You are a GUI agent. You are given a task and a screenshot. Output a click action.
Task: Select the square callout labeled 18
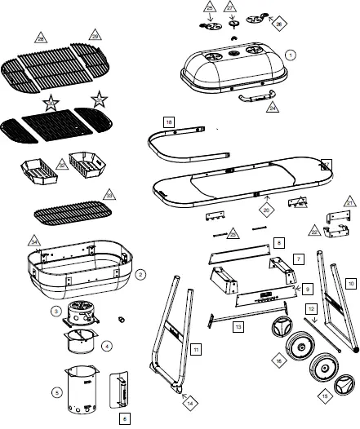(167, 122)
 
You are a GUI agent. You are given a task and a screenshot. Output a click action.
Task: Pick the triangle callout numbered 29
(95, 37)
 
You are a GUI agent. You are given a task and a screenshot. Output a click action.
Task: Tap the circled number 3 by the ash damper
(55, 311)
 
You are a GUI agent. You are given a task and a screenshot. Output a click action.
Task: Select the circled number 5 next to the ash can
(57, 392)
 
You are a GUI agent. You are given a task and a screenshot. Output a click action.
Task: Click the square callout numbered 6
(124, 418)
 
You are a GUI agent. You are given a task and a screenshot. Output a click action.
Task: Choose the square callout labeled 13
(238, 326)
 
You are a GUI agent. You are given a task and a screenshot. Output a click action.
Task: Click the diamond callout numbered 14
(190, 402)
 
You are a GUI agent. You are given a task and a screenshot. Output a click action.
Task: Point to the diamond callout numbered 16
(278, 359)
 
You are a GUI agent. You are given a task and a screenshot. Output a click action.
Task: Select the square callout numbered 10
(351, 283)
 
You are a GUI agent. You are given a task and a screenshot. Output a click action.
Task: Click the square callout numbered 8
(278, 242)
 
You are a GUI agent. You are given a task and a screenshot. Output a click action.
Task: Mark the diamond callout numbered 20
(265, 209)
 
